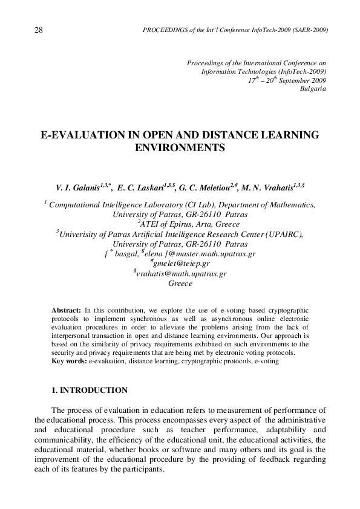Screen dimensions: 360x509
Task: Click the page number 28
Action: point(39,30)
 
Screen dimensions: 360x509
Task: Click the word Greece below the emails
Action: point(180,283)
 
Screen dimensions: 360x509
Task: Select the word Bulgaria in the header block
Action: point(313,88)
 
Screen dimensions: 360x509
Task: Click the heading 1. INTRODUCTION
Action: point(90,391)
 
